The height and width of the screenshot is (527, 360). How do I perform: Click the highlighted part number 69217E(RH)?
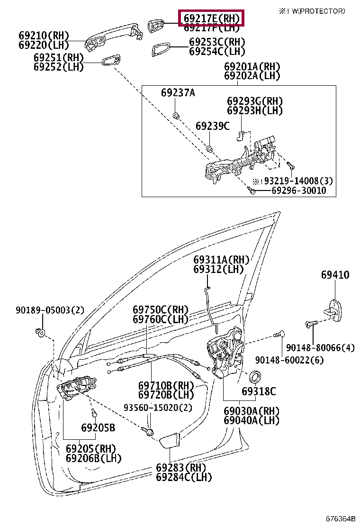[x=211, y=18]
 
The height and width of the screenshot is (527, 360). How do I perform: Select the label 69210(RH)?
[x=44, y=36]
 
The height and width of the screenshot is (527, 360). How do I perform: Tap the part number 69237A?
[x=178, y=93]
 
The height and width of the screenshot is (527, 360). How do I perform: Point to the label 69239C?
[x=212, y=126]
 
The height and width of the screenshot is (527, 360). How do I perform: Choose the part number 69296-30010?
[x=298, y=191]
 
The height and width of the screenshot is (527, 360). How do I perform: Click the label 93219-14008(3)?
[x=298, y=181]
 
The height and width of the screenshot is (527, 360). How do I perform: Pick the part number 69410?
[x=335, y=275]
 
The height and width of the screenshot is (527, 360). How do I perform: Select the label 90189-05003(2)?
[x=49, y=310]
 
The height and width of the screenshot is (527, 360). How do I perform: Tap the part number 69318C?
[x=258, y=391]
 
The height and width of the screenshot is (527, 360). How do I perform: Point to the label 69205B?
[x=98, y=428]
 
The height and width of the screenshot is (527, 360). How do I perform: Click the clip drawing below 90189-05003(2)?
[x=40, y=332]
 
